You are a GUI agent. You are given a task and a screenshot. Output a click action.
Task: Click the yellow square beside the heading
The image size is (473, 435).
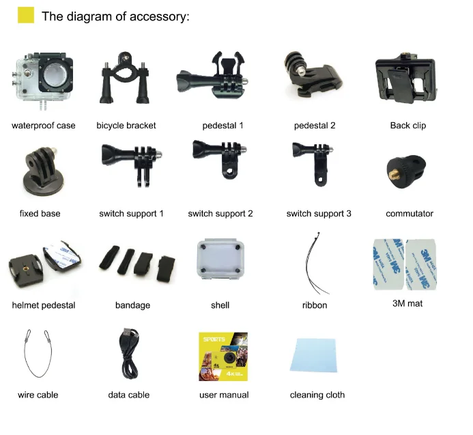(x=25, y=16)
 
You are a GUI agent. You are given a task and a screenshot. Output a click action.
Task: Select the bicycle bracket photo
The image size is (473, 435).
(x=126, y=85)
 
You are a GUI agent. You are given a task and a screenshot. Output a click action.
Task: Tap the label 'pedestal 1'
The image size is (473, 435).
(x=223, y=126)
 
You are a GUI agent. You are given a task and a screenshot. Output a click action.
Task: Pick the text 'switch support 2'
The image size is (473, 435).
(x=220, y=214)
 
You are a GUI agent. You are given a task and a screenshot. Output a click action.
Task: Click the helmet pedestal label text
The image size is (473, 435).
(x=44, y=305)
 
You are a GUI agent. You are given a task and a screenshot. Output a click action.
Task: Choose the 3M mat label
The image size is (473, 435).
(x=405, y=303)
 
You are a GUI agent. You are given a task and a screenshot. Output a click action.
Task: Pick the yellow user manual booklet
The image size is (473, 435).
(x=223, y=356)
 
